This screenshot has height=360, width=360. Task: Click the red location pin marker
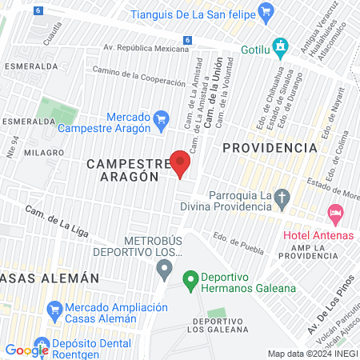pyautogui.click(x=181, y=163)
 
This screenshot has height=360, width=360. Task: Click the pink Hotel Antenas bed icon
pyautogui.click(x=335, y=214)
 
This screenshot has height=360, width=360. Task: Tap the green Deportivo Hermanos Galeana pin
pyautogui.click(x=190, y=281)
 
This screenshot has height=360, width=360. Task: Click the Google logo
pyautogui.click(x=26, y=350)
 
